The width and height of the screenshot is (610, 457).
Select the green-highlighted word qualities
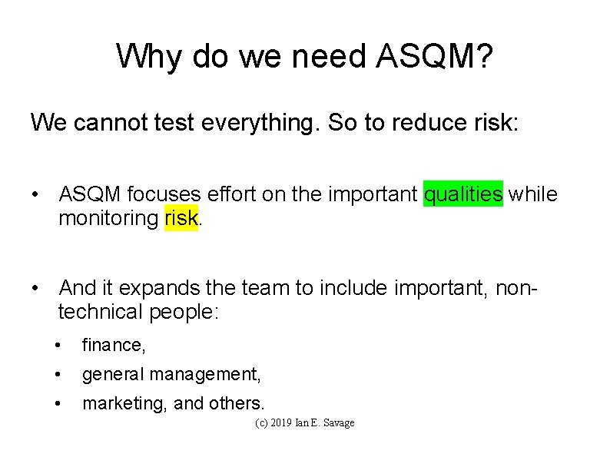click(x=463, y=194)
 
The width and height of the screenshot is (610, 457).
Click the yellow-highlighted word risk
click(x=181, y=218)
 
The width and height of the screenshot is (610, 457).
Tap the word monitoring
click(x=108, y=218)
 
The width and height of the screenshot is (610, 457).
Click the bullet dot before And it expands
click(x=36, y=288)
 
